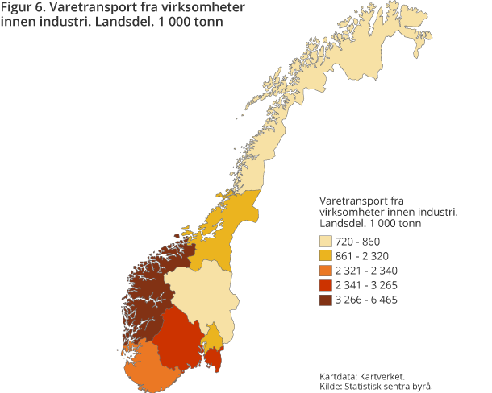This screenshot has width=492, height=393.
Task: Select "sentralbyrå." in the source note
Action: tap(407, 386)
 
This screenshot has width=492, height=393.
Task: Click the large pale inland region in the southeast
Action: tap(202, 296)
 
